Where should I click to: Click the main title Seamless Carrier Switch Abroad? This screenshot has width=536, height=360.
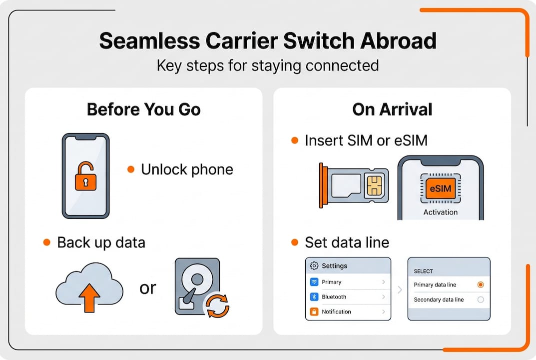pyautogui.click(x=268, y=41)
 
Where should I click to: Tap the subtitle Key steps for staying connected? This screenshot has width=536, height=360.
pyautogui.click(x=268, y=65)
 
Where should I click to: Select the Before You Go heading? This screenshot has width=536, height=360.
pyautogui.click(x=144, y=109)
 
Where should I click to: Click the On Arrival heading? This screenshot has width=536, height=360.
pyautogui.click(x=392, y=109)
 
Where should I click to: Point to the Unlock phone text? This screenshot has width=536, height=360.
pyautogui.click(x=187, y=169)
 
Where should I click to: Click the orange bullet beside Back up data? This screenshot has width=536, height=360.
pyautogui.click(x=47, y=242)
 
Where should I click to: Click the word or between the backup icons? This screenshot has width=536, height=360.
pyautogui.click(x=148, y=288)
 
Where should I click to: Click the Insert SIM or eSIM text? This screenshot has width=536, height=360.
pyautogui.click(x=366, y=140)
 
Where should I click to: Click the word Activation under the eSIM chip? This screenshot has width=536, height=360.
pyautogui.click(x=440, y=212)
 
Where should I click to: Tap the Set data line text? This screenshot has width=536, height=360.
pyautogui.click(x=347, y=242)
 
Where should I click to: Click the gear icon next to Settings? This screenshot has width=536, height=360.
pyautogui.click(x=314, y=265)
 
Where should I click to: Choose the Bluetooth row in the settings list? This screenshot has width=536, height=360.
pyautogui.click(x=348, y=297)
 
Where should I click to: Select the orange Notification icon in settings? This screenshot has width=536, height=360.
pyautogui.click(x=314, y=311)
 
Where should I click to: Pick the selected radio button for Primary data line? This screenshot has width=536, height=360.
pyautogui.click(x=481, y=284)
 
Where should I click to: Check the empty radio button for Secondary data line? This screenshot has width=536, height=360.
pyautogui.click(x=481, y=299)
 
